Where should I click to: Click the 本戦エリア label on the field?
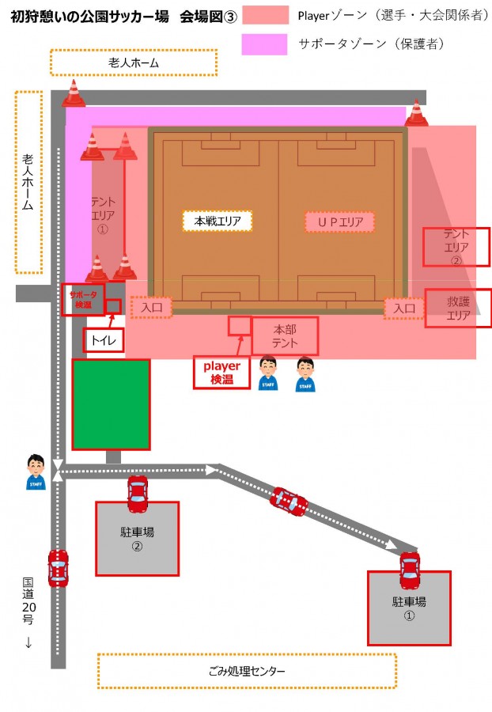[218, 222]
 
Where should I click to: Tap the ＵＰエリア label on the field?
[340, 222]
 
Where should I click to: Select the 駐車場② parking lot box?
[137, 539]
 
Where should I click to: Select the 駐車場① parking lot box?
[409, 608]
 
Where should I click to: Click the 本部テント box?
[285, 336]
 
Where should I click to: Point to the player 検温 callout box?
[221, 373]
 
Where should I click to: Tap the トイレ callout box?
[104, 340]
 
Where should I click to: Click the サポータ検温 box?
[83, 299]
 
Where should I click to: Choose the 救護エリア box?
[458, 308]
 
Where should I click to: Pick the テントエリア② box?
[456, 247]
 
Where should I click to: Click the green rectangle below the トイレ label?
[112, 404]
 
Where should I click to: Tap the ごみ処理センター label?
[247, 671]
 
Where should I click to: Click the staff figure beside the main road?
[36, 472]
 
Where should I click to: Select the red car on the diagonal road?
[289, 502]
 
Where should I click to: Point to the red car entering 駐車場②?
[138, 494]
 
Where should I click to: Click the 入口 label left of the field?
[152, 308]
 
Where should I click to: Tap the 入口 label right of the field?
[404, 309]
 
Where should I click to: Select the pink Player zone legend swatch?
[266, 15]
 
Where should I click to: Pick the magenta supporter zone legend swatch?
[265, 44]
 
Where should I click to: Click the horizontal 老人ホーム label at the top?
[134, 62]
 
